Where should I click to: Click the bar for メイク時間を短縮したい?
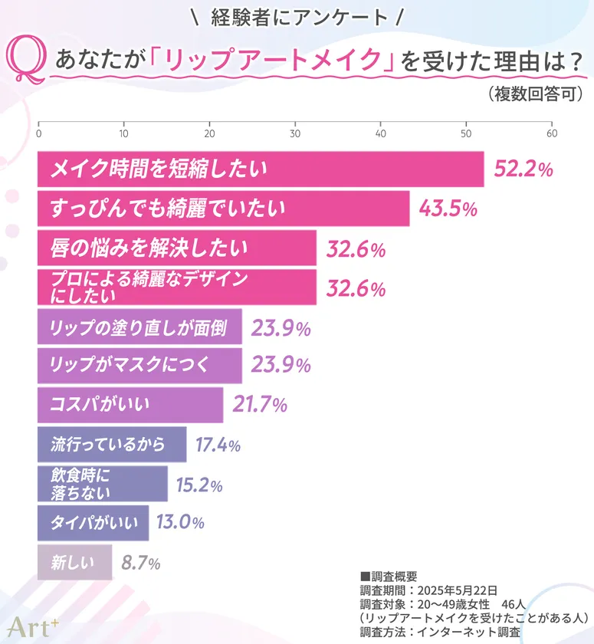point(261,169)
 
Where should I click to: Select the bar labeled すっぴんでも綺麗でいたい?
point(223,209)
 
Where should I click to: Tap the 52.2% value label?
point(523,170)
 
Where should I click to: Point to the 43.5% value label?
point(448,209)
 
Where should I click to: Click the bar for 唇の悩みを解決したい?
point(176,248)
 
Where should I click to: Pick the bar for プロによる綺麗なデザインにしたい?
point(176,287)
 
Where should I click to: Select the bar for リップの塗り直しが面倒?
point(139,327)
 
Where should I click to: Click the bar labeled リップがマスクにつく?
point(139,366)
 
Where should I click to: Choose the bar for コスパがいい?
point(130,404)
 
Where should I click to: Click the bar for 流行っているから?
point(112,445)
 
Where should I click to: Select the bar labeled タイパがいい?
point(93,523)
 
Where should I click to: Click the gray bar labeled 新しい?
point(74,563)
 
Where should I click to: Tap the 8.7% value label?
point(140,563)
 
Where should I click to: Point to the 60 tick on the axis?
point(551,133)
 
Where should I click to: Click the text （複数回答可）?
point(536,95)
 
